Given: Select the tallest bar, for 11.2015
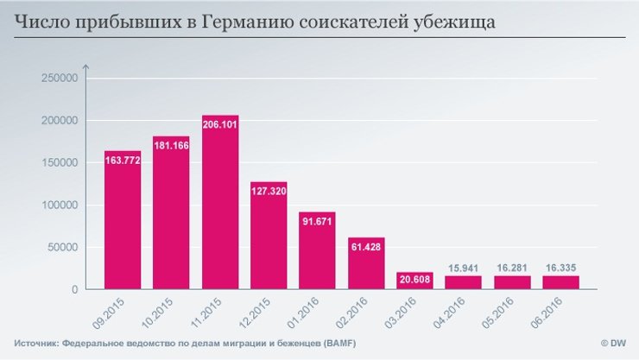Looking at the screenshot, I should (x=219, y=207).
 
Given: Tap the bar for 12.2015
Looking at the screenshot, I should (x=269, y=237).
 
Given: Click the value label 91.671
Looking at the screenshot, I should (x=317, y=220).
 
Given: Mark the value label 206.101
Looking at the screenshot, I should (x=219, y=123).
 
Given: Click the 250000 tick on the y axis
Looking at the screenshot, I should (x=60, y=78).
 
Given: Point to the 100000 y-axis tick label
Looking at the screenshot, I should (x=60, y=205).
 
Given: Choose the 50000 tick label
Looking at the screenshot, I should (x=62, y=247).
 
